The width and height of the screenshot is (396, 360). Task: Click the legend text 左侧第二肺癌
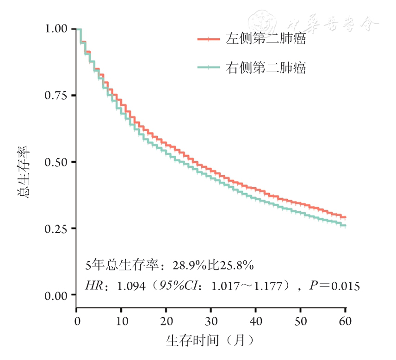click(x=266, y=39)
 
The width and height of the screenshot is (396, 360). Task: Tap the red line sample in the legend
click(x=208, y=39)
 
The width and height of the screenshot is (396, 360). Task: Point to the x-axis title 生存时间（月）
click(x=210, y=341)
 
